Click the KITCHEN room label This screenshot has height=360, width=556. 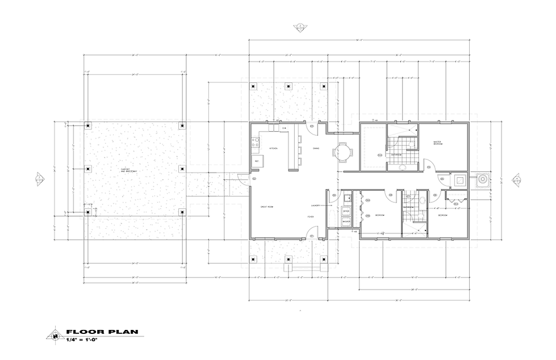pyautogui.click(x=273, y=148)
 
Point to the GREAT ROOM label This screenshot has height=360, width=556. pyautogui.click(x=267, y=207)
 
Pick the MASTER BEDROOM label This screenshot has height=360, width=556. pyautogui.click(x=438, y=144)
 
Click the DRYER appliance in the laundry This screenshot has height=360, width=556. pyautogui.click(x=346, y=211)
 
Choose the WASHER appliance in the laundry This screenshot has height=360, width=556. pyautogui.click(x=346, y=221)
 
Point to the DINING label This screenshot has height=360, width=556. pyautogui.click(x=316, y=149)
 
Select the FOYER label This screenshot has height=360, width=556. pyautogui.click(x=311, y=216)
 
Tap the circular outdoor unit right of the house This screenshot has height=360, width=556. pyautogui.click(x=482, y=179)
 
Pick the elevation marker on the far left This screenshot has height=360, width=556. pyautogui.click(x=39, y=179)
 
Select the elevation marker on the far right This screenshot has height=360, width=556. pyautogui.click(x=516, y=179)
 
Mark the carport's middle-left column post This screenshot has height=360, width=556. pyautogui.click(x=87, y=169)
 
